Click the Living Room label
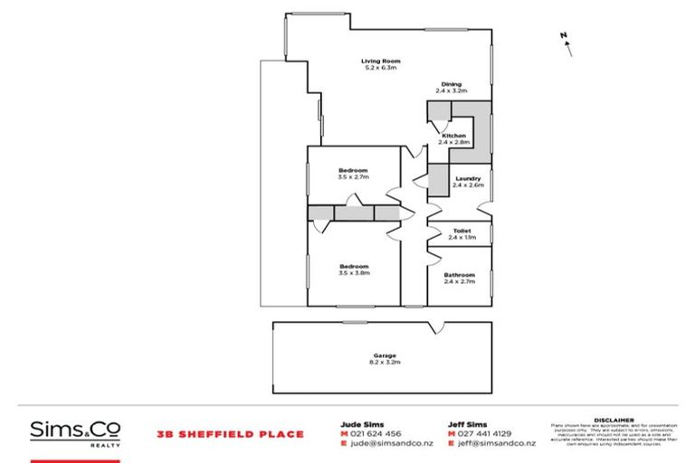pos(381,61)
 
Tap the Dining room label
pos(450,85)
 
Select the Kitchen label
pos(453,136)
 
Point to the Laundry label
pos(468,178)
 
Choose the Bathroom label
pos(460,275)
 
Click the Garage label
pos(383,355)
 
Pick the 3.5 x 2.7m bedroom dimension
pos(353,177)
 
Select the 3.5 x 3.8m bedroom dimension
pos(353,272)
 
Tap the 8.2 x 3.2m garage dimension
pos(383,362)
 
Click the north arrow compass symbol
pos(566,43)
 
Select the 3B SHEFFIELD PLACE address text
pos(230,434)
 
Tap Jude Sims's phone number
pos(372,433)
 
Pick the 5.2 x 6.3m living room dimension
pos(381,68)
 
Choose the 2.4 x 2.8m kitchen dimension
pos(453,142)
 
